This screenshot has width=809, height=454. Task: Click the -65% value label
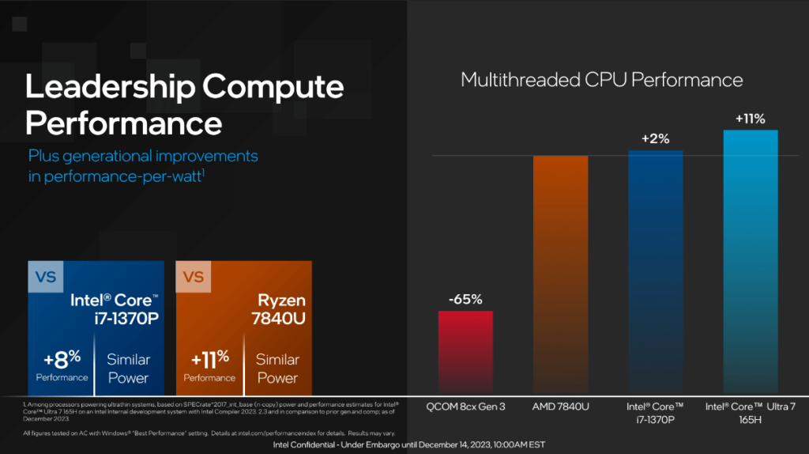point(465,300)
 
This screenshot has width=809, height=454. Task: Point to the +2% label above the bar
point(655,138)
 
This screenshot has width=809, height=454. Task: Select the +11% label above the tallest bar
point(750,119)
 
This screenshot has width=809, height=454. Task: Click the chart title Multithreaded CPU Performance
point(601,80)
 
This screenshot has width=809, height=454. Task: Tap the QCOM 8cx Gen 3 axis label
point(465,407)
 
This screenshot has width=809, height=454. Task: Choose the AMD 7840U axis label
point(560,407)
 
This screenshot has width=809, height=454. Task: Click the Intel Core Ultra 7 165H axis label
point(750,412)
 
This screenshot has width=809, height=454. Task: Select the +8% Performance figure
point(61,364)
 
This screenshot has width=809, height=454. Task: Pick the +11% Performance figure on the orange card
point(210,364)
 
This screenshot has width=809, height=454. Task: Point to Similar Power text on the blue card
point(128,368)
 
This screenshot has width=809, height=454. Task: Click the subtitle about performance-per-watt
point(142,165)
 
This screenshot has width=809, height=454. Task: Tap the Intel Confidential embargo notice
point(408,445)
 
